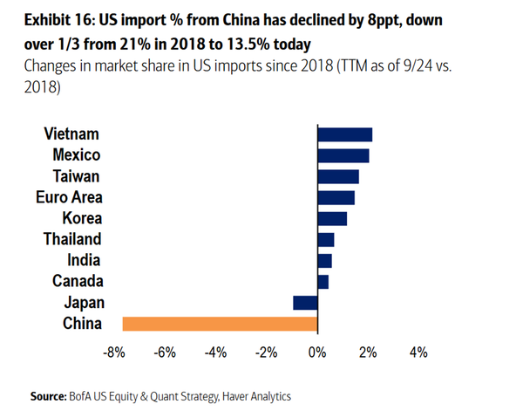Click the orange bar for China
[x=220, y=324]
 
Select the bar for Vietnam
[x=345, y=134]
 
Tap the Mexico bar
[x=343, y=155]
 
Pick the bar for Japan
[x=305, y=303]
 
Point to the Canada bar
[x=323, y=282]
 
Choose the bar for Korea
[x=332, y=218]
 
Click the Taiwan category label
[x=76, y=176]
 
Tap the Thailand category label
[x=72, y=239]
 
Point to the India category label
[x=84, y=260]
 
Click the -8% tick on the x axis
[x=114, y=353]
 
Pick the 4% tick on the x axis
[x=418, y=353]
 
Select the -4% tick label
[x=215, y=353]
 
